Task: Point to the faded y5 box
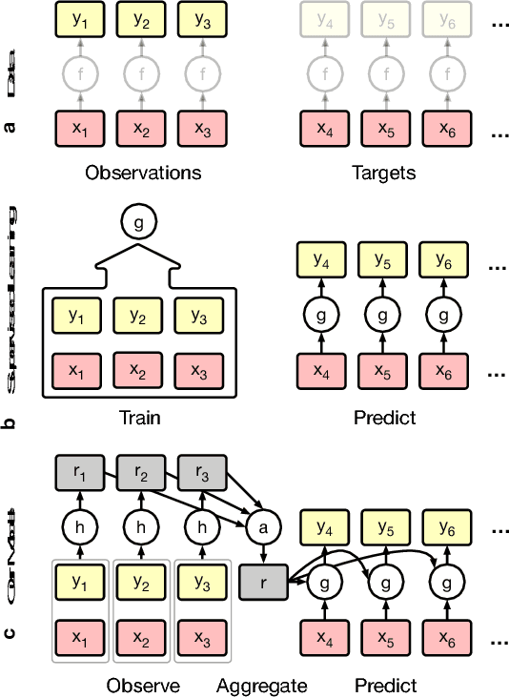pos(385,20)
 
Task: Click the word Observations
pos(143,173)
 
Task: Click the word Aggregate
pos(261,685)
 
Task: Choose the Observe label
pos(143,685)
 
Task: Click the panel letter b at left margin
pos(11,419)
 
